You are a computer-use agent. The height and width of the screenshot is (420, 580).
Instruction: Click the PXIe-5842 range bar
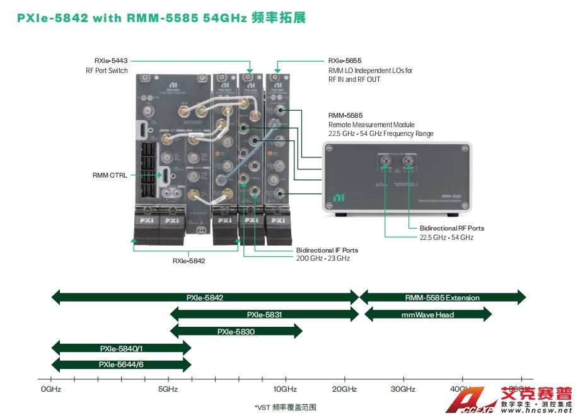coord(205,297)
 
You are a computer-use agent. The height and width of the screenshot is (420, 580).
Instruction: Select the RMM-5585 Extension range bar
coord(442,297)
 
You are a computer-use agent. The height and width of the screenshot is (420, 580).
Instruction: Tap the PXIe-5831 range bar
coord(264,314)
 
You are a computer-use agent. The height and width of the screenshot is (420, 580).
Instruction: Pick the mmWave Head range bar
coord(427,314)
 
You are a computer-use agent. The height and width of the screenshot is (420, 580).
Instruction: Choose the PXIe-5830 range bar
coord(236,331)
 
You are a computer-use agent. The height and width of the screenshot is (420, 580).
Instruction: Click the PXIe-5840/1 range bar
coord(121,348)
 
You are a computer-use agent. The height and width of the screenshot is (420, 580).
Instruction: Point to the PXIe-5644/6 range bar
coord(121,364)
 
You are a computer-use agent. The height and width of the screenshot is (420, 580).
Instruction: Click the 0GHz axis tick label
coord(50,389)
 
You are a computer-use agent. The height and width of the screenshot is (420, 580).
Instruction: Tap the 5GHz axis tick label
coord(168,389)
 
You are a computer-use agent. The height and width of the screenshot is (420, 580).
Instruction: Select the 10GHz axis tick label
coord(285,389)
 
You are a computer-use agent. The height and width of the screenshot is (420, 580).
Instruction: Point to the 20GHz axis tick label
coord(344,389)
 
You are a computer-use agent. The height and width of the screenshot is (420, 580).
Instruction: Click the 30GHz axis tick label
coord(403,389)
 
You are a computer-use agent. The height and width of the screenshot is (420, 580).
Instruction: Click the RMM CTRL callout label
coord(109,175)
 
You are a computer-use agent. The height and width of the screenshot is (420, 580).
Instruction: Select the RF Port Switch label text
coord(107,71)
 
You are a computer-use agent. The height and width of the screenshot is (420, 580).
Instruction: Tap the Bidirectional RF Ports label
coord(451,228)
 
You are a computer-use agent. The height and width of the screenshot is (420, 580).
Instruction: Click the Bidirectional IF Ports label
coord(327,250)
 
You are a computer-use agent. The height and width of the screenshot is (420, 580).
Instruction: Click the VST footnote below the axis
coord(285,407)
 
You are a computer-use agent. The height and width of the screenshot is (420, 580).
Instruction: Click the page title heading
coord(161,18)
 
